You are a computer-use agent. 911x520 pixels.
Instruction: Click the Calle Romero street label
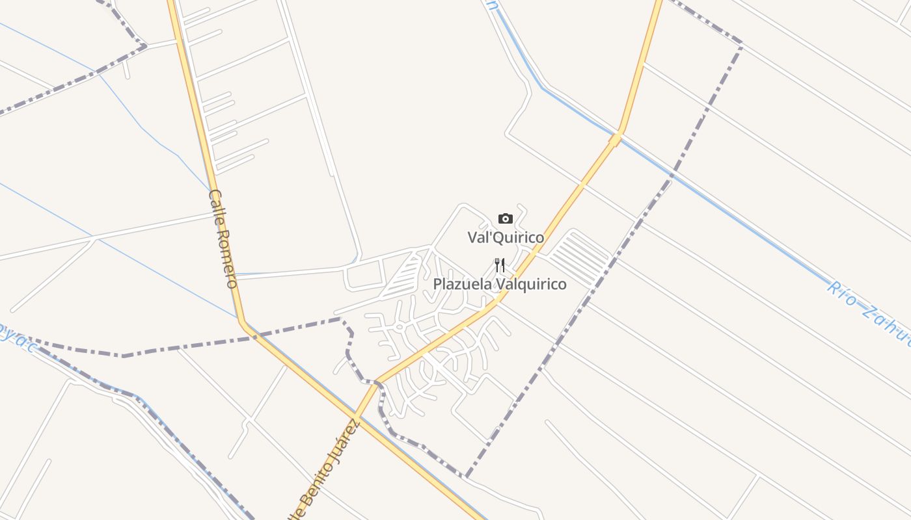223,239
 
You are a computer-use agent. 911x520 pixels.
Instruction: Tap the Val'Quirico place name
506,238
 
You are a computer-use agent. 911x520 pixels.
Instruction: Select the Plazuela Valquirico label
500,285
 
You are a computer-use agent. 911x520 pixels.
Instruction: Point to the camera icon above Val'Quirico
506,219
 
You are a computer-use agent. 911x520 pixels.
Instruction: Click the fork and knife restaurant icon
500,265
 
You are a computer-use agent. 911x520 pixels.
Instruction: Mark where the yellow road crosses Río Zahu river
616,138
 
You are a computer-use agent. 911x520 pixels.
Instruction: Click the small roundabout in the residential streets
399,327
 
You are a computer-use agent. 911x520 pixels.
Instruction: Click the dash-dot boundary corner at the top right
741,44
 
